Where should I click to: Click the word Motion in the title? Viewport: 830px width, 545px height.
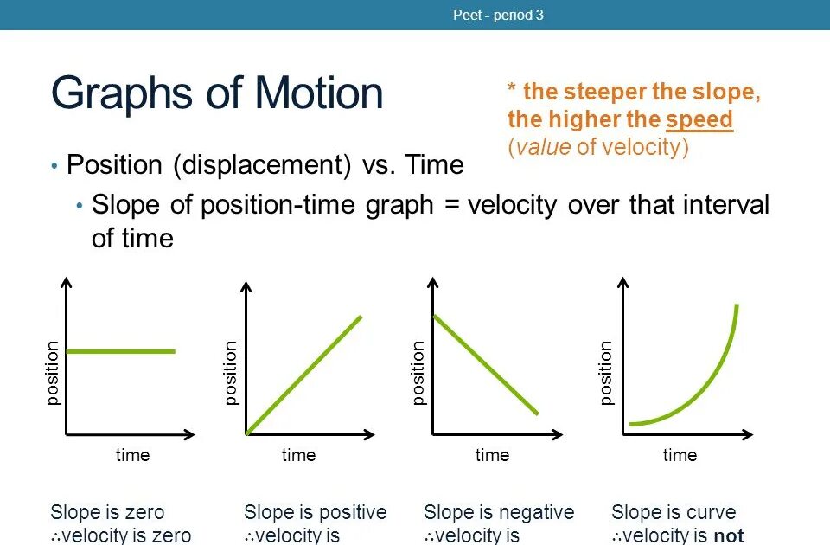click(319, 93)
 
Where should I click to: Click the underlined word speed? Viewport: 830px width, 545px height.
click(699, 120)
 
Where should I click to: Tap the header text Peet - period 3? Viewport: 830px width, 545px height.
click(498, 15)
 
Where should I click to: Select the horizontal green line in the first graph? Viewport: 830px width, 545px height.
click(121, 351)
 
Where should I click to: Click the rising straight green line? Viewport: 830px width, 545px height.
click(303, 375)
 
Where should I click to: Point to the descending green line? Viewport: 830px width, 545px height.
click(486, 365)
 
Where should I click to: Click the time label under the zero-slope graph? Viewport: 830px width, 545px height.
click(132, 455)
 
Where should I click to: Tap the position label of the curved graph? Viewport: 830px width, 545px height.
click(605, 373)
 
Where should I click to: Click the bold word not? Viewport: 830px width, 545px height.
click(729, 536)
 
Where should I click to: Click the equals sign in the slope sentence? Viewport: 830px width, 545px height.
click(451, 205)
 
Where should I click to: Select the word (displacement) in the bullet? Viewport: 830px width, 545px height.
click(262, 164)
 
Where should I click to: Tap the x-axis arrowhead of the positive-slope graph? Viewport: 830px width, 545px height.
click(369, 435)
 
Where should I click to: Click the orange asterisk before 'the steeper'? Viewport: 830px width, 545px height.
click(511, 87)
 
